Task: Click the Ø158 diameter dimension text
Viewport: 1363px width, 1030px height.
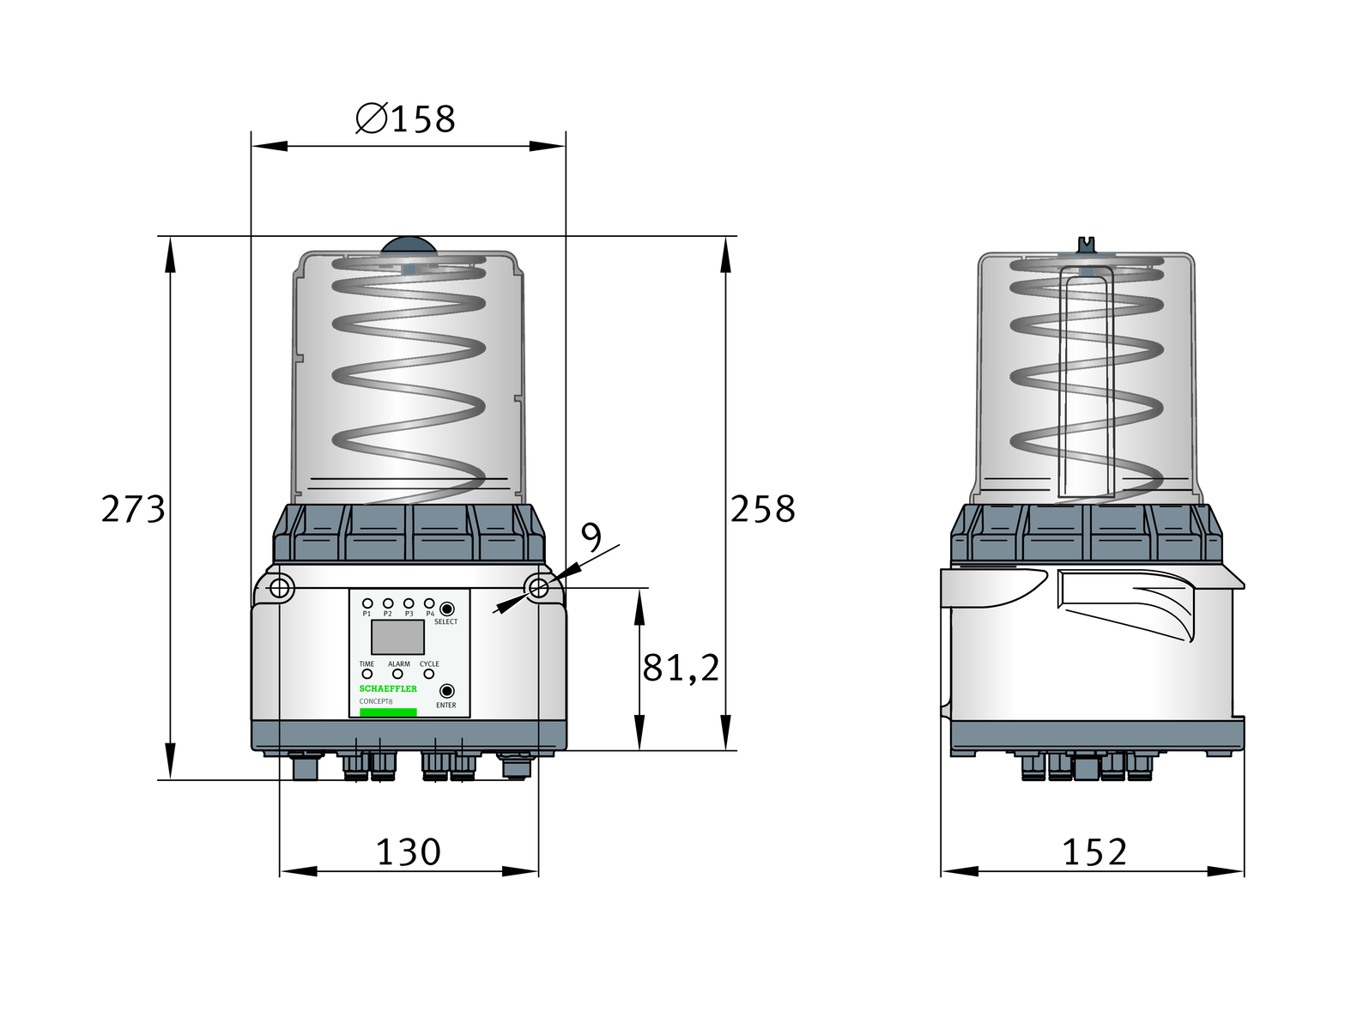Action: [x=405, y=118]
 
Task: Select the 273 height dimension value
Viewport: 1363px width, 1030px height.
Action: [x=133, y=508]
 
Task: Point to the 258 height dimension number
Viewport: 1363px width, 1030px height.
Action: [x=762, y=508]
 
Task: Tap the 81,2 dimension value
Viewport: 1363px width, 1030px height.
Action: [x=681, y=668]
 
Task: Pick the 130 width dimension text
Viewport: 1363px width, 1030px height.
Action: [x=409, y=851]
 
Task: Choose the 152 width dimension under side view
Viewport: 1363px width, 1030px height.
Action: [x=1094, y=851]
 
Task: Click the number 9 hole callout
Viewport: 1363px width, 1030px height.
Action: [x=591, y=537]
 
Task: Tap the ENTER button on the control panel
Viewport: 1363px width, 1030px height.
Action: [x=445, y=690]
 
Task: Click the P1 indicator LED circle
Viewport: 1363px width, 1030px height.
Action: [x=367, y=603]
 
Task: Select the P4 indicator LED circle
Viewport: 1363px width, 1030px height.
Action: [x=428, y=603]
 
